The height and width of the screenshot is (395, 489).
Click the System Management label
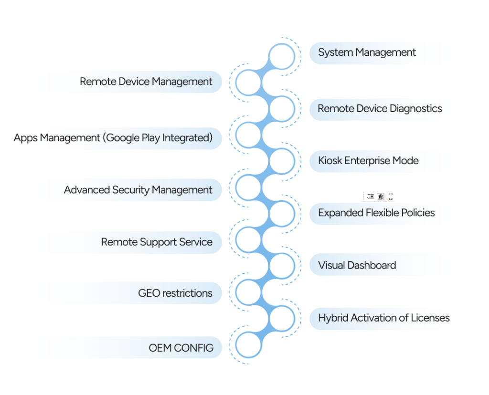point(367,52)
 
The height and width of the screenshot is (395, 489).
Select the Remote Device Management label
point(146,82)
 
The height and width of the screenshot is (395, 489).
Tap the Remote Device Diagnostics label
point(380,109)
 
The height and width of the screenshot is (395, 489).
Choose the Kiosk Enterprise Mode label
point(368,161)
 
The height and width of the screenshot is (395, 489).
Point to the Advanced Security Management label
point(138,190)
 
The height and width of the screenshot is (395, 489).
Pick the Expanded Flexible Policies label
point(376,213)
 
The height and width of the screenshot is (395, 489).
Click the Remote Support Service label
point(157,242)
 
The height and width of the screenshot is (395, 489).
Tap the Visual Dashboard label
point(357,265)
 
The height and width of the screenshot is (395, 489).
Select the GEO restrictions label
point(175,293)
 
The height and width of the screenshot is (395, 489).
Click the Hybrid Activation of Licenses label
point(384,318)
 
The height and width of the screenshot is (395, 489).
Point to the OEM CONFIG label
point(181,348)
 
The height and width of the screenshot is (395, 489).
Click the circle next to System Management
point(282,57)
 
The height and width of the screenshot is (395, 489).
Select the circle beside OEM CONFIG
point(248,345)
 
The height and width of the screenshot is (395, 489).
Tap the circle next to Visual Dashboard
point(282,266)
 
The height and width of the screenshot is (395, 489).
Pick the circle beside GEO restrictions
point(248,292)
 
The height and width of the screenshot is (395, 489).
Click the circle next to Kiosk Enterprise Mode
point(282,161)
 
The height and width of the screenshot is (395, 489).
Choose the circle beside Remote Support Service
point(248,239)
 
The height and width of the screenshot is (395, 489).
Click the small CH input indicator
point(370,196)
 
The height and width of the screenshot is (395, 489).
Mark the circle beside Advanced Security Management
point(248,187)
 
